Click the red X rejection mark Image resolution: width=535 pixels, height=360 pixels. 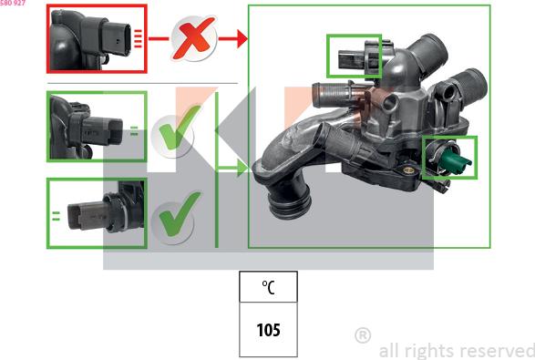tap(194, 38)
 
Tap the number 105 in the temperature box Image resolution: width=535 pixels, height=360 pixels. tap(268, 330)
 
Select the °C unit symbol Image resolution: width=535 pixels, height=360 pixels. tap(268, 287)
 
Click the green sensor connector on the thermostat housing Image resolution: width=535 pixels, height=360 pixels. tap(455, 160)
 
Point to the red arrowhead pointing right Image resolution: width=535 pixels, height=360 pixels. tap(242, 38)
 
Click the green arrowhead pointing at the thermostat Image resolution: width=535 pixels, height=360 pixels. tap(242, 168)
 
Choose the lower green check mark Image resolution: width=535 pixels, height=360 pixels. tap(180, 214)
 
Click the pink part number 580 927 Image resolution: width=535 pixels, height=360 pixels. tap(13, 3)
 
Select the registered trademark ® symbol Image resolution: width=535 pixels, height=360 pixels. tap(363, 335)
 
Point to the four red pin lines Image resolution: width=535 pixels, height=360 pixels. tap(138, 38)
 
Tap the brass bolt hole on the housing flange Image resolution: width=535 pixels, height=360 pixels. tap(408, 170)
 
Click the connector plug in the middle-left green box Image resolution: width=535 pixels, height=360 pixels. tap(102, 130)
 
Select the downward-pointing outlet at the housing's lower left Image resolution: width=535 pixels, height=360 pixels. tap(289, 199)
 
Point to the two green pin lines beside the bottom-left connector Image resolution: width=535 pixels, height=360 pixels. tap(56, 216)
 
